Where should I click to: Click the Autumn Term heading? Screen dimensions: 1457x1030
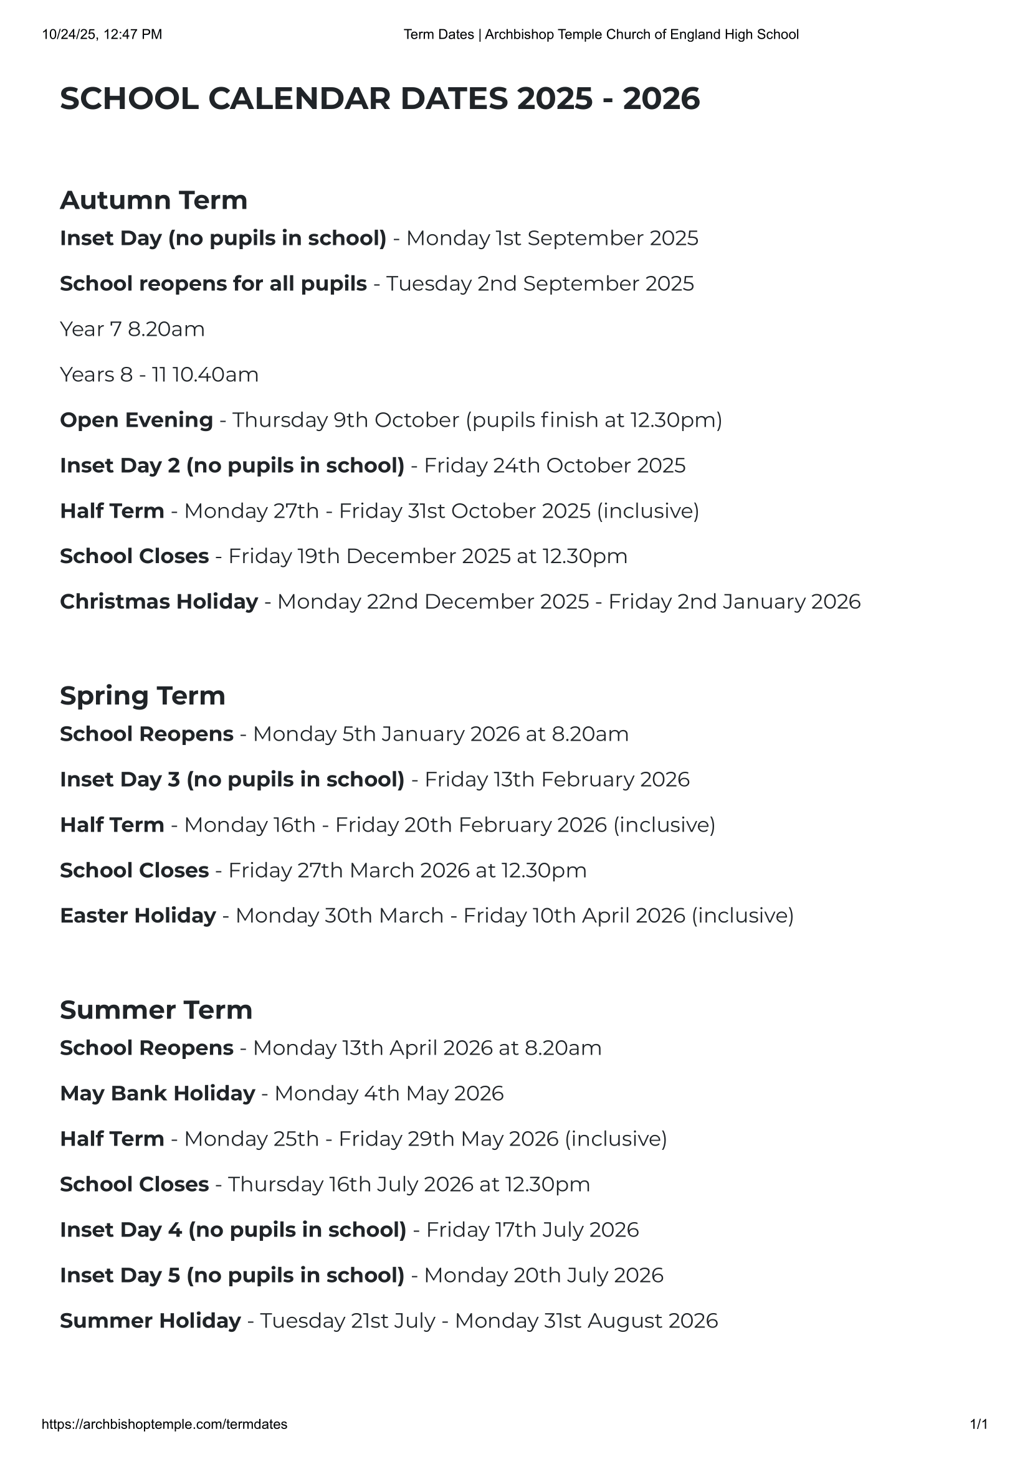(153, 201)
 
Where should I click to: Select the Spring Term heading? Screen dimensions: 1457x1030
(142, 696)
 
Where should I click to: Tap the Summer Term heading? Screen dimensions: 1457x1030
(156, 1010)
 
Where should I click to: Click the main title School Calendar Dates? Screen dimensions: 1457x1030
(379, 99)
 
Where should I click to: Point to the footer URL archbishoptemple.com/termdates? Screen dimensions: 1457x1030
(165, 1424)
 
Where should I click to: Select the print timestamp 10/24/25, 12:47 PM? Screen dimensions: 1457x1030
(102, 34)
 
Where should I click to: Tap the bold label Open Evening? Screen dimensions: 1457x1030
(136, 420)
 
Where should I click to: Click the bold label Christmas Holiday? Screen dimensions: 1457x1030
(159, 602)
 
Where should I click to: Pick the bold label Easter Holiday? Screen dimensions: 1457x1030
(138, 916)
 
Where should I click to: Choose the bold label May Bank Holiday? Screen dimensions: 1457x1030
(158, 1093)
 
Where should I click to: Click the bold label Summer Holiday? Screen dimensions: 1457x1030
(150, 1321)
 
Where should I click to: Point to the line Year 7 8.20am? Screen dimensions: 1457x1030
(132, 330)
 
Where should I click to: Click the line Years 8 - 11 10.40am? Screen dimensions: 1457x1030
(159, 375)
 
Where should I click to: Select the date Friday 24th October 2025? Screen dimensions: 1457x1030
(554, 466)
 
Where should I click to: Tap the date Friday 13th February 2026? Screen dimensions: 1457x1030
(556, 779)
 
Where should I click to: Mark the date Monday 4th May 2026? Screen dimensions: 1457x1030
(388, 1093)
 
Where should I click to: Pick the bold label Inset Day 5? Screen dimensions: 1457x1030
(232, 1275)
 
